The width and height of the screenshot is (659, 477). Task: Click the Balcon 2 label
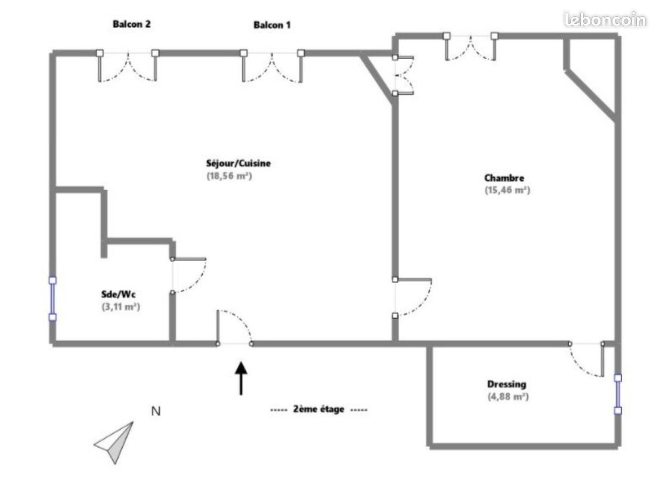coord(132,24)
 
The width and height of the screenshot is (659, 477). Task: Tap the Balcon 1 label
coord(272,25)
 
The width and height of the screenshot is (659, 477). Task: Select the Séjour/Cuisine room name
coord(239,163)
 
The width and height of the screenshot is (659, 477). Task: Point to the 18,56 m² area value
coord(229,176)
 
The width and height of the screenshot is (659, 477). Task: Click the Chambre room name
coord(505,178)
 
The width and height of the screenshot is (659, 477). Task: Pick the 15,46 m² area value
coord(508,190)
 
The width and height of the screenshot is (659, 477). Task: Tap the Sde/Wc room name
coord(119,294)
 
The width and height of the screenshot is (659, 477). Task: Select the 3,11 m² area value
coord(120,307)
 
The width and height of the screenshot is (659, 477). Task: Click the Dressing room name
coord(507,384)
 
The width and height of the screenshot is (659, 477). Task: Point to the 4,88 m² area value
coord(508,397)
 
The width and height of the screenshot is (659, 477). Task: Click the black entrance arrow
coord(241,378)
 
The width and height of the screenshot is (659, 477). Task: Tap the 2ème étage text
coord(318,409)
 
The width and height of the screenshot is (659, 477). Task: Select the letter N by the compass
coord(156,411)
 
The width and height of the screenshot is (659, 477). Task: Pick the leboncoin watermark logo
coord(605,20)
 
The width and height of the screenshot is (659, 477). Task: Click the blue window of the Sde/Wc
coord(52,299)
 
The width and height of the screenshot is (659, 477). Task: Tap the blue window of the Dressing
coord(618,394)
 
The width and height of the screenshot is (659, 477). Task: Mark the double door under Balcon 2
coord(128,67)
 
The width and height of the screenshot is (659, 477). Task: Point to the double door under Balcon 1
coord(272,67)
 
